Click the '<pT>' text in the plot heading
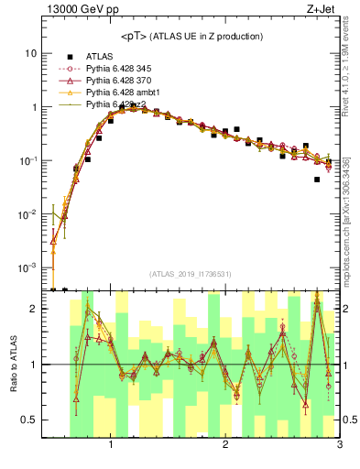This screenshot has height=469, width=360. pyautogui.click(x=134, y=37)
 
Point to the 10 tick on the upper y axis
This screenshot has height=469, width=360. pyautogui.click(x=31, y=53)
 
